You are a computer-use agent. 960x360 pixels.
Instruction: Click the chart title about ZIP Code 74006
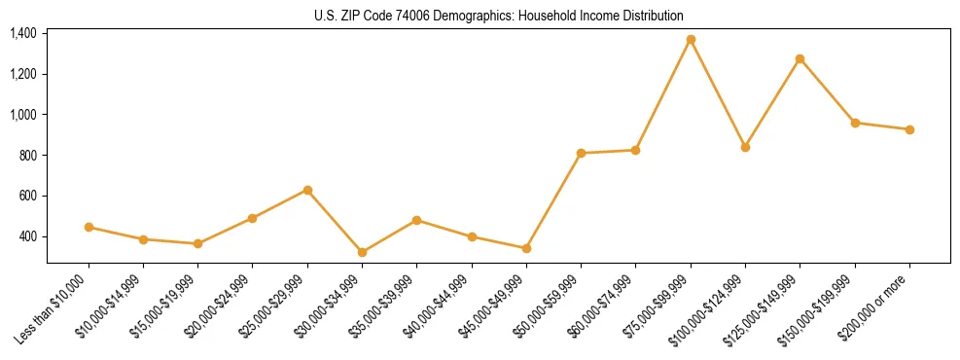click(x=499, y=16)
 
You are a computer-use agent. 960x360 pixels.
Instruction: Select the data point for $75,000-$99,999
click(x=691, y=40)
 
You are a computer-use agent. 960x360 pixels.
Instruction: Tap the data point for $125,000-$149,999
click(x=800, y=59)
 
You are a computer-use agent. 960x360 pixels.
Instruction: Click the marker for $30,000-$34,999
click(x=362, y=252)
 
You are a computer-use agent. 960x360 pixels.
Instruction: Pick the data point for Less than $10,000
click(x=89, y=227)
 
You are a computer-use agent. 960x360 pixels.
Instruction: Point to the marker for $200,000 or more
click(x=909, y=129)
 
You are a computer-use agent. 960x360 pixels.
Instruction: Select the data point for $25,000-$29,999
click(x=307, y=190)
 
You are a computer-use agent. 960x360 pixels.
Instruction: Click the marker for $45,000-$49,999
click(x=526, y=248)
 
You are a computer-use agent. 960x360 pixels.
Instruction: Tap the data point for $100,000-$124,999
click(x=745, y=147)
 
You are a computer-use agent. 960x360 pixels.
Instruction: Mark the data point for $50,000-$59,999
click(x=581, y=153)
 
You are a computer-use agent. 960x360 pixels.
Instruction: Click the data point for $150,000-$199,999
click(x=855, y=123)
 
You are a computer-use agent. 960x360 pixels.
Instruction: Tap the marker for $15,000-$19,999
click(x=197, y=243)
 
